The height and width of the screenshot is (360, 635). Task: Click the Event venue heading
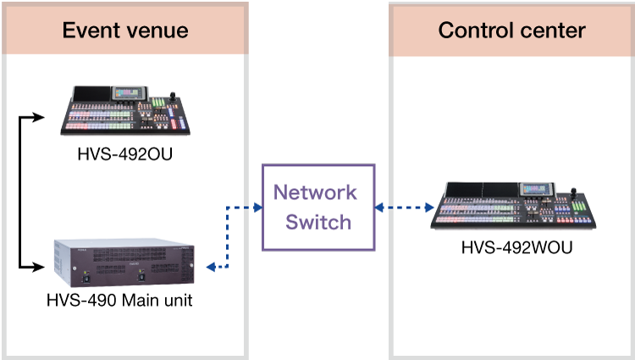pos(125,32)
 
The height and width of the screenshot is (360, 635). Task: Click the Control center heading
pos(511,31)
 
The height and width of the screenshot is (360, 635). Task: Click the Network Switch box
pos(317,207)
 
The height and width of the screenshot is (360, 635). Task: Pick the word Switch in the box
pos(317,222)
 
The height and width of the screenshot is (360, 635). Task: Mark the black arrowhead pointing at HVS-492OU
pos(37,116)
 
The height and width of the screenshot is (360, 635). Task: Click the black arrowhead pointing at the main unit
pos(37,268)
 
